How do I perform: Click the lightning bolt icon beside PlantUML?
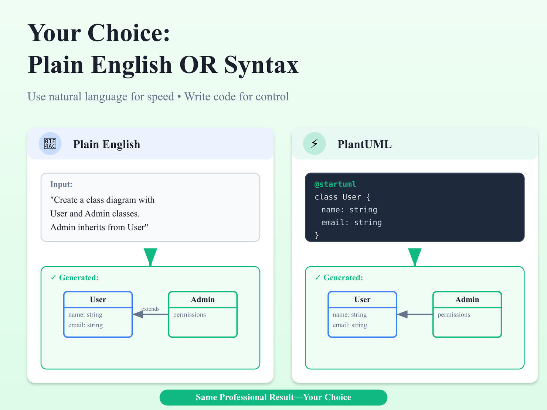point(314,143)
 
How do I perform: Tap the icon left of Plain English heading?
point(50,143)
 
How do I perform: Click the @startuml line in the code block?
point(335,184)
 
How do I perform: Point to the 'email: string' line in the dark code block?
point(351,222)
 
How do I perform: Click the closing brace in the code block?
point(317,235)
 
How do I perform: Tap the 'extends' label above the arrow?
point(150,309)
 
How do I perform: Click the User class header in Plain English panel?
point(98,300)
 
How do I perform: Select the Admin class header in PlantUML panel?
point(467,300)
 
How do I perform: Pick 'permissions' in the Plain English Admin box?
point(189,315)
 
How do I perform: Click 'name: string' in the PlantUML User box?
point(350,315)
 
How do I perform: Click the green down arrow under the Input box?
point(150,256)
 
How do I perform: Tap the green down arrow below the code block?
point(415,256)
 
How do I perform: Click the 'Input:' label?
point(61,184)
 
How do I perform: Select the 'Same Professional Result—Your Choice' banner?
point(273,397)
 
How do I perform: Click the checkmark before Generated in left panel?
point(53,277)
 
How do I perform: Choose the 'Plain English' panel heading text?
point(106,144)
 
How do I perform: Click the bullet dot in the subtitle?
point(179,97)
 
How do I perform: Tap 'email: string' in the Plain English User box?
point(85,325)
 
